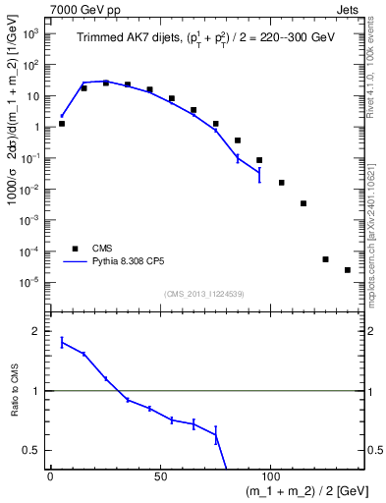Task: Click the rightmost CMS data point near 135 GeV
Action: [x=348, y=270]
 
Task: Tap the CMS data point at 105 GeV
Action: [x=282, y=183]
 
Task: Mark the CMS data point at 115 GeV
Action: [x=303, y=203]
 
